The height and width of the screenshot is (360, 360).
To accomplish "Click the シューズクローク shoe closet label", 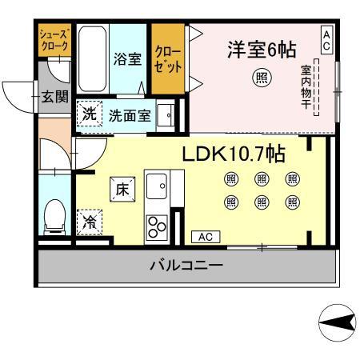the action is coord(54,40).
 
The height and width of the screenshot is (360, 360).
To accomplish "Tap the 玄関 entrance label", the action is coord(55,97).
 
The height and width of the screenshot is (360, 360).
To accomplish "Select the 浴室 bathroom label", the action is coord(127,59).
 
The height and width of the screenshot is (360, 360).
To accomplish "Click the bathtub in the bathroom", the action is coord(93,58).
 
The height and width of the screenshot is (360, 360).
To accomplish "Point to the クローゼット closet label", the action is coord(168,59).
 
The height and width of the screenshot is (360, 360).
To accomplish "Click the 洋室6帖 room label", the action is coord(262,50).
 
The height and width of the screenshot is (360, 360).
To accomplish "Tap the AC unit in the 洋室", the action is coord(326,40).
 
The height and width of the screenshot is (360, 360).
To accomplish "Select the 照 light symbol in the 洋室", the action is coord(262,78).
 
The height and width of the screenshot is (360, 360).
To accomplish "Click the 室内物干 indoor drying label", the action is coord(306,87).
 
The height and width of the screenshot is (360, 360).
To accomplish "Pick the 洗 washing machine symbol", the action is coord(90,114).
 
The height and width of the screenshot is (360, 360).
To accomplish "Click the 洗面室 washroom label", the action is coord(130,116).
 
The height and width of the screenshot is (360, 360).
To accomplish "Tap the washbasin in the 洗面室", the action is coord(166,115).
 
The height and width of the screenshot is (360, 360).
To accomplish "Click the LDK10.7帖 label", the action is coord(234,154).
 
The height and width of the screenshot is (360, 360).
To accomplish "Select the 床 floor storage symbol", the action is coord(122,189).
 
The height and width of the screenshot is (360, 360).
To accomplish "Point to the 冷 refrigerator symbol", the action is coord(90,222).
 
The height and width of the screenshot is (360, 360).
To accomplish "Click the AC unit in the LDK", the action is coord(206,237).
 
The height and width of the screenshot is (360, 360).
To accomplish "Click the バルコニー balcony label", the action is coord(186,266).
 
